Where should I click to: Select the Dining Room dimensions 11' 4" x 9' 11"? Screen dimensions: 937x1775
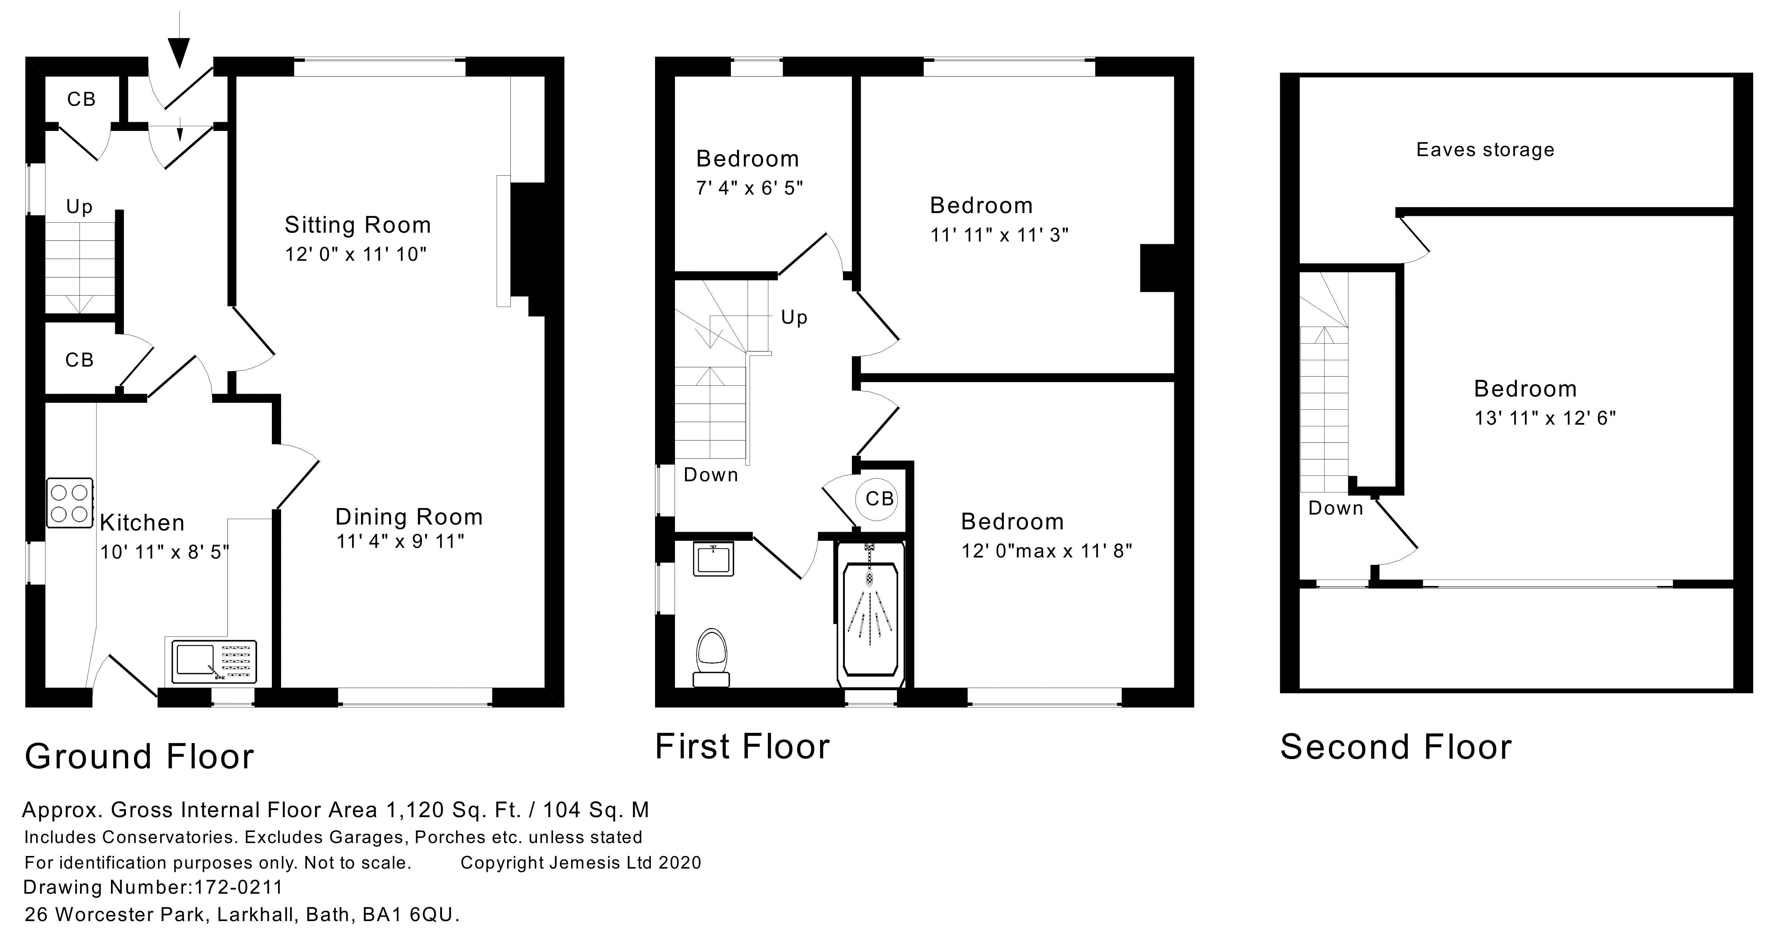click(400, 542)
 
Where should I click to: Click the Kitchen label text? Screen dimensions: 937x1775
click(142, 523)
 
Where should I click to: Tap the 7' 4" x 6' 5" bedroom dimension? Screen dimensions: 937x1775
click(749, 188)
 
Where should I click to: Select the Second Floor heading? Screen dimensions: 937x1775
click(1396, 747)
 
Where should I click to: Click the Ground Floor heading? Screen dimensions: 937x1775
click(139, 756)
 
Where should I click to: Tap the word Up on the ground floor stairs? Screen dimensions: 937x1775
click(79, 207)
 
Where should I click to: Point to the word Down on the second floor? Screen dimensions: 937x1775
click(1335, 509)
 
